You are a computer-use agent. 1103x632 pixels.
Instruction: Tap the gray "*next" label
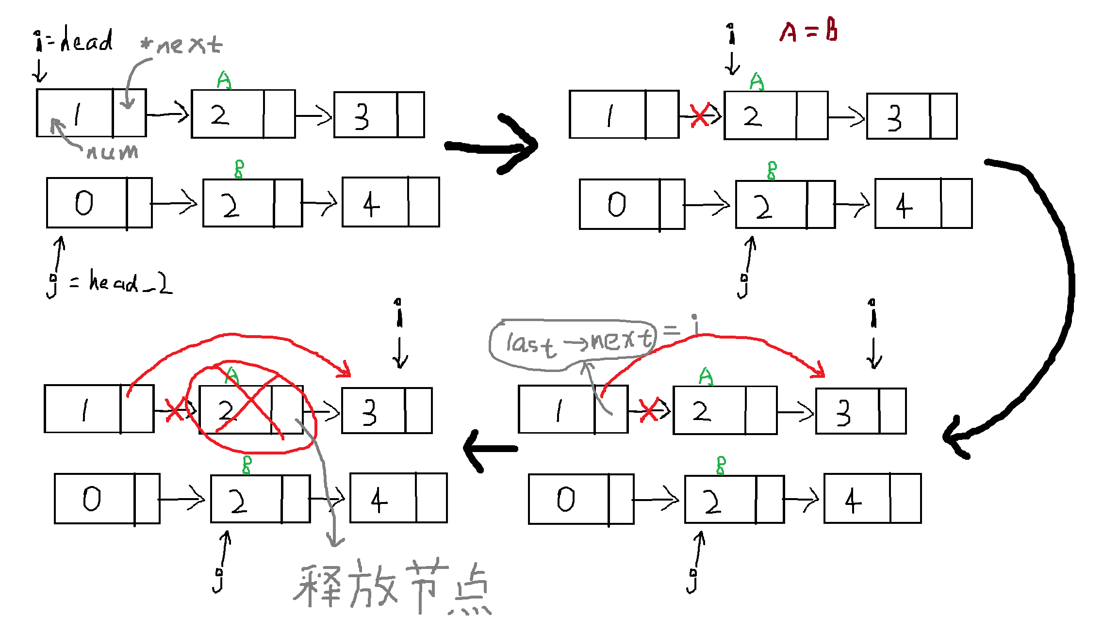(x=181, y=45)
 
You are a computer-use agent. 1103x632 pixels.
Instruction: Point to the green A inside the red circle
(x=232, y=375)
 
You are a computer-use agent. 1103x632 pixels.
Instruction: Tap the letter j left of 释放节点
(x=219, y=580)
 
